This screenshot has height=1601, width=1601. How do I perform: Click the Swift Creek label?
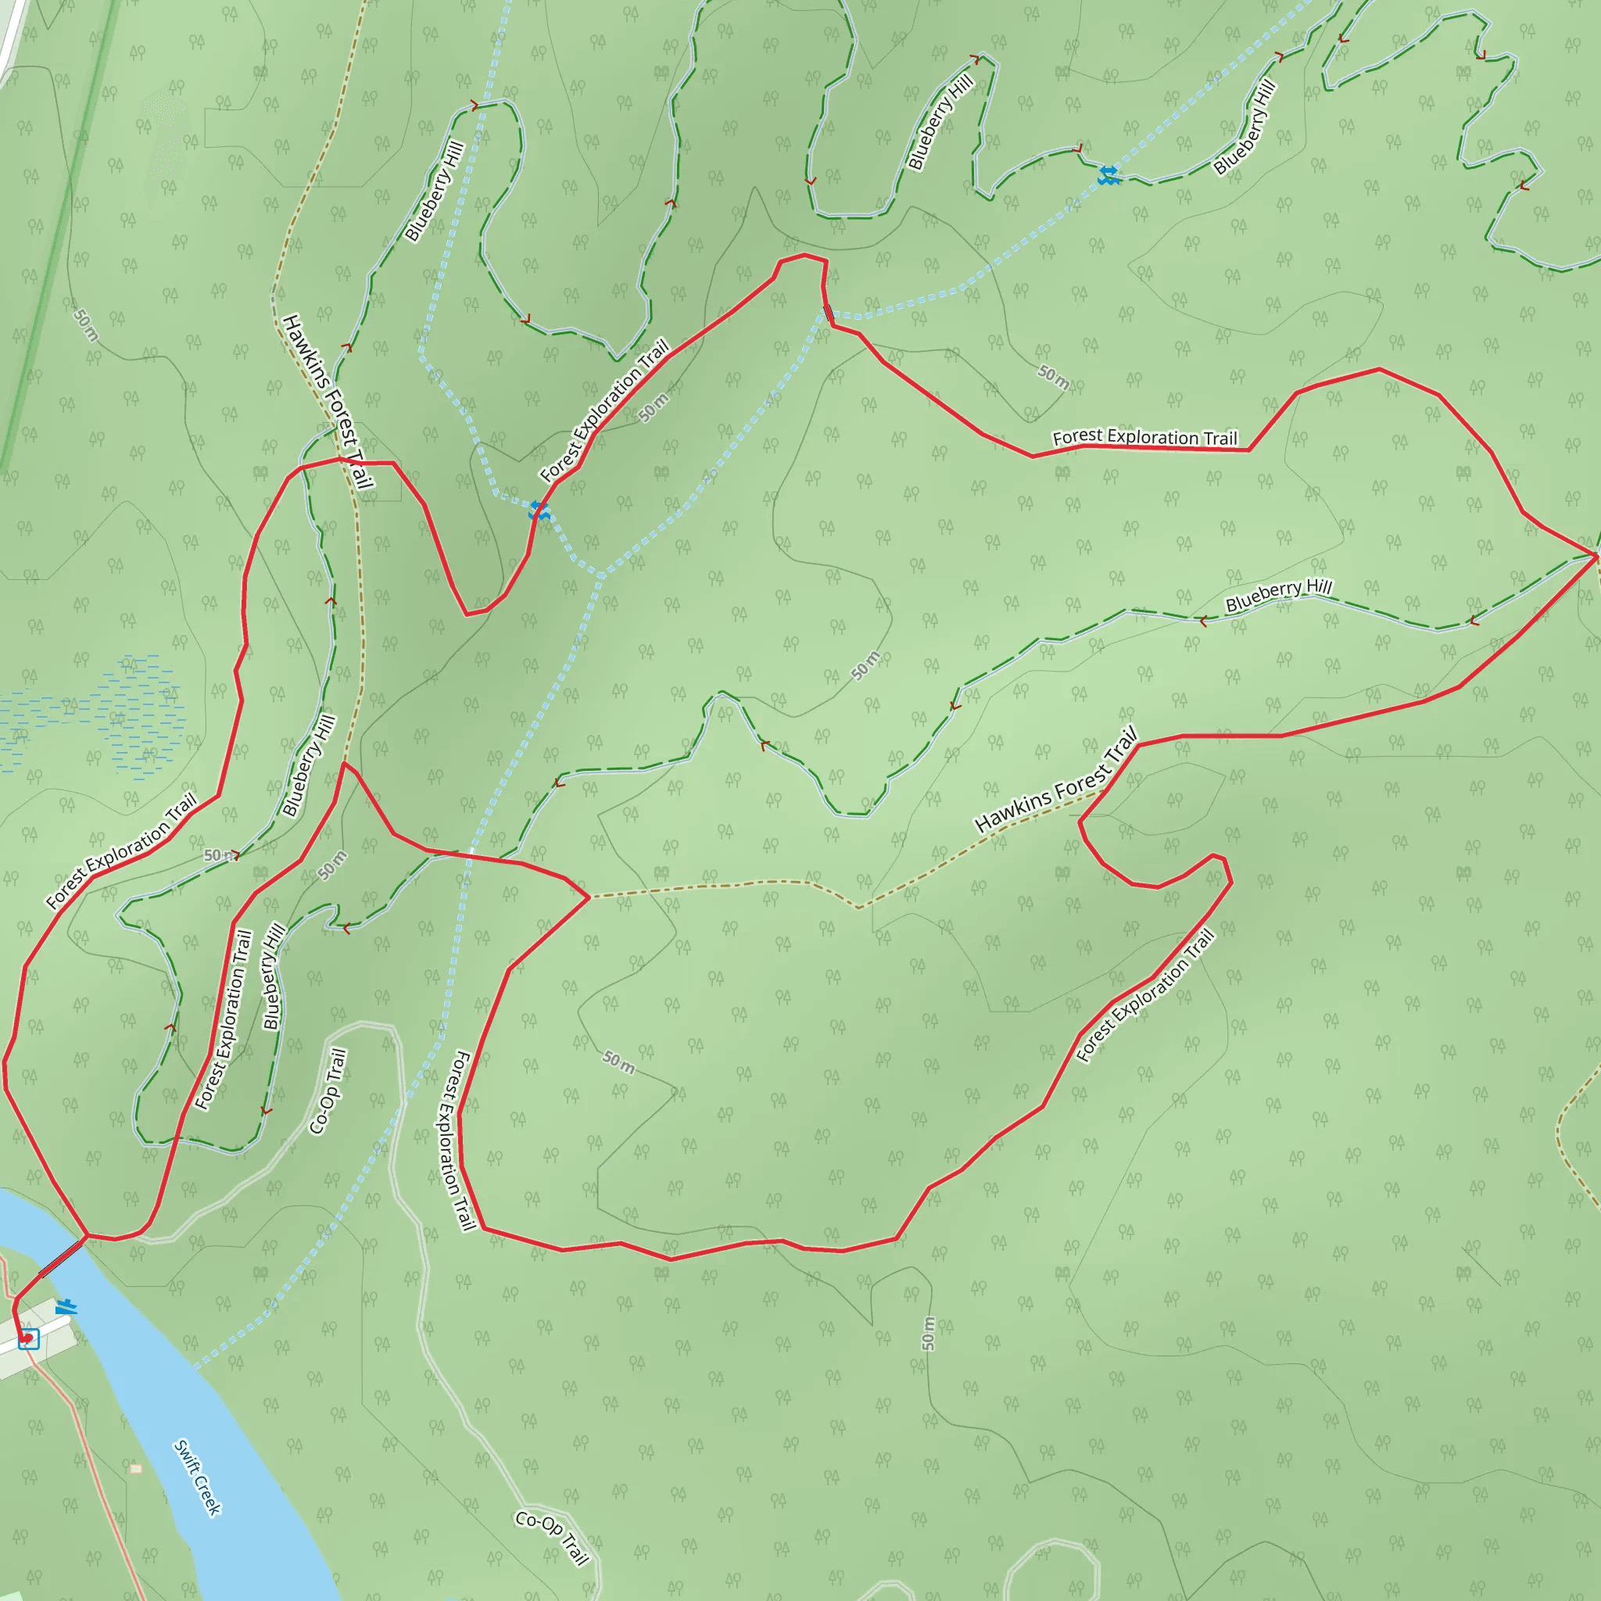[x=197, y=1477]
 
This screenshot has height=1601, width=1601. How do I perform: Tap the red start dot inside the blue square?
[x=27, y=1338]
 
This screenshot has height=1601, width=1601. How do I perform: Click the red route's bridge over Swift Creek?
[x=63, y=1256]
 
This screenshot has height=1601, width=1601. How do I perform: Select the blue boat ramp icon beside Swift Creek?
[x=66, y=1307]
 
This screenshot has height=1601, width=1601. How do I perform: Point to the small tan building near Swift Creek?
[x=136, y=1468]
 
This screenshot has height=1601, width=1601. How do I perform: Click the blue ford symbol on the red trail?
[x=539, y=510]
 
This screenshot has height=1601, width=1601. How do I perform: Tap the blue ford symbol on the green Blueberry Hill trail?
[x=1108, y=175]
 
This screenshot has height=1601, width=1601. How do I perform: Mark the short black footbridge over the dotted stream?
[x=828, y=313]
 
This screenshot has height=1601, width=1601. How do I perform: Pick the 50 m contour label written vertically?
[x=928, y=1334]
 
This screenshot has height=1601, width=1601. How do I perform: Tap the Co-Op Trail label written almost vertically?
[x=328, y=1091]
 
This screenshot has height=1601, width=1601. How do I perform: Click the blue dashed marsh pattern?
[x=108, y=717]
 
